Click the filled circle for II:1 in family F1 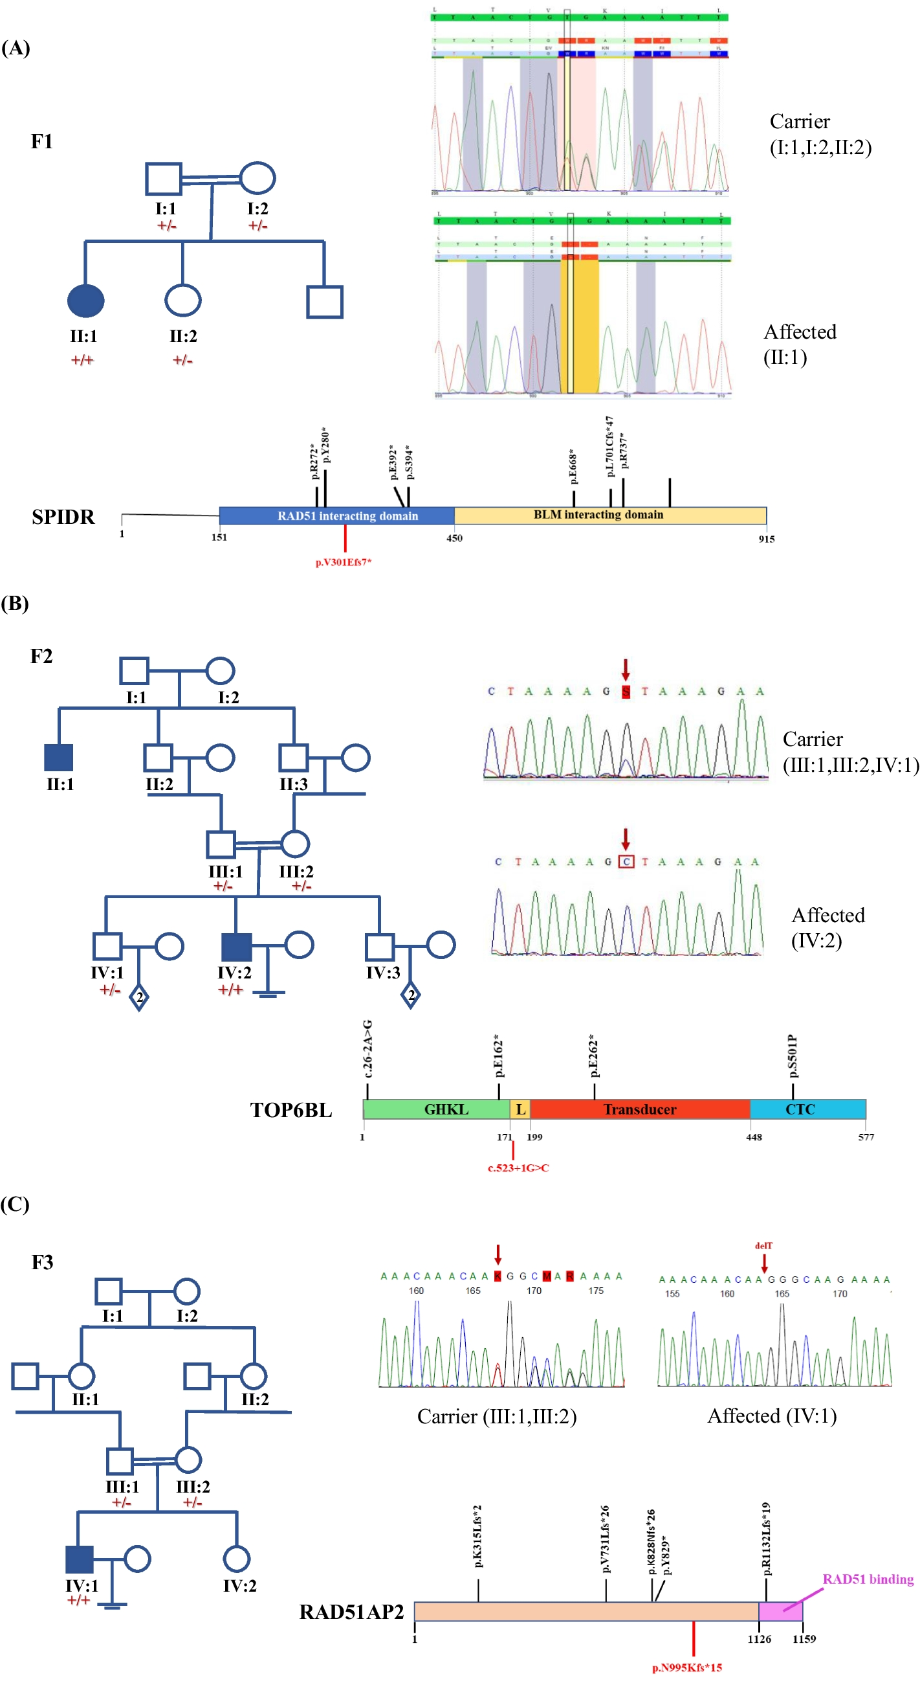pyautogui.click(x=85, y=300)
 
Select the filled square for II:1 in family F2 pyautogui.click(x=59, y=757)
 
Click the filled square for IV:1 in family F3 pyautogui.click(x=80, y=1559)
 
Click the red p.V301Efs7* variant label pyautogui.click(x=344, y=562)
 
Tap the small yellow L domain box pyautogui.click(x=520, y=1109)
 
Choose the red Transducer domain pyautogui.click(x=639, y=1109)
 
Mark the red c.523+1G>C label pyautogui.click(x=518, y=1168)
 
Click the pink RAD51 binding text pyautogui.click(x=867, y=1579)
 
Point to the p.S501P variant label pyautogui.click(x=793, y=1056)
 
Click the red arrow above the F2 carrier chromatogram pyautogui.click(x=625, y=669)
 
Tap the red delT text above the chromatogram pyautogui.click(x=763, y=1245)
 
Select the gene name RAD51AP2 pyautogui.click(x=351, y=1611)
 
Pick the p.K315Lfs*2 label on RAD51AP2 pyautogui.click(x=478, y=1537)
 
